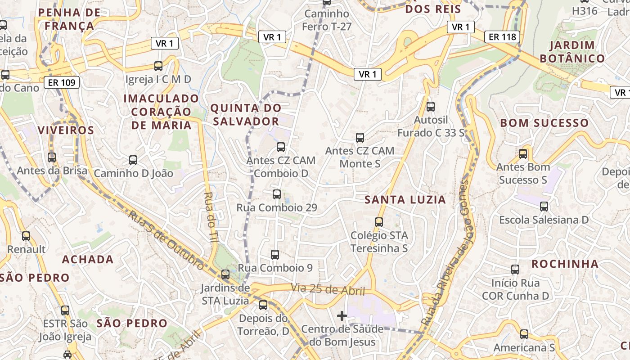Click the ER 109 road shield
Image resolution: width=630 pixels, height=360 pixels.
(x=62, y=82)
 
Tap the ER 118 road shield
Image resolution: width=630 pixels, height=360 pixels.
(x=502, y=37)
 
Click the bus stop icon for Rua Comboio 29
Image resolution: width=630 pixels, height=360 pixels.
(x=277, y=194)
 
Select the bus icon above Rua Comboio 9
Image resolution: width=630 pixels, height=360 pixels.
(x=275, y=255)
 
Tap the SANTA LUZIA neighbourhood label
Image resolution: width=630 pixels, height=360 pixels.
(x=405, y=200)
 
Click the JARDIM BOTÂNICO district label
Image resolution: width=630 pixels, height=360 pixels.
(x=572, y=52)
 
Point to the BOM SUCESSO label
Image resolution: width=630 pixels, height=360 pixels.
(x=544, y=123)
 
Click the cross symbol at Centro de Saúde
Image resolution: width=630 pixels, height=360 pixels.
(x=342, y=316)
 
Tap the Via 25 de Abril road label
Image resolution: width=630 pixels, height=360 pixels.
(x=328, y=289)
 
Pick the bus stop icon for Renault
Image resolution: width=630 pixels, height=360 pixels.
(x=26, y=236)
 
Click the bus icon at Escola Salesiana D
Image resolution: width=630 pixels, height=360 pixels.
(x=544, y=207)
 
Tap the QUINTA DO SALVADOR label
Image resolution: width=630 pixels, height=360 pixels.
(x=246, y=115)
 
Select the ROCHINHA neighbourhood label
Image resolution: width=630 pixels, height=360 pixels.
(x=565, y=264)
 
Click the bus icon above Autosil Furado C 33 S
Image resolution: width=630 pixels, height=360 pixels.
(x=431, y=107)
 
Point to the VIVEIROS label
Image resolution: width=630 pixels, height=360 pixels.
(x=66, y=130)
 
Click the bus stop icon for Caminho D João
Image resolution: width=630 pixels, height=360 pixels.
(x=133, y=160)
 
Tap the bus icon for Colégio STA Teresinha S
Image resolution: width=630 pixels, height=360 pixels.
(x=379, y=222)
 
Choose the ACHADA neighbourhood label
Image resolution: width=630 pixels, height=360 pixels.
(x=88, y=259)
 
